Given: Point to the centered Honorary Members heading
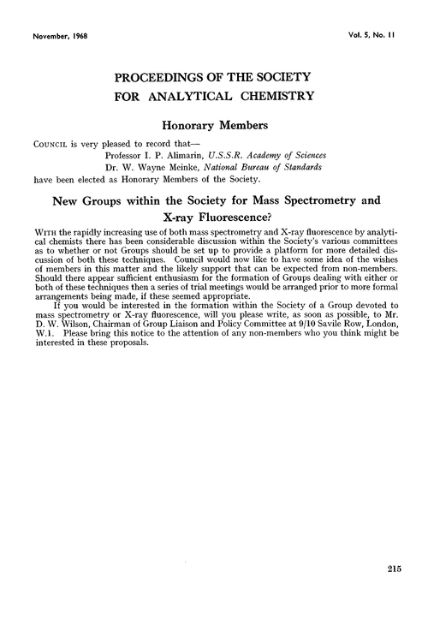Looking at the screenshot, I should point(213,125).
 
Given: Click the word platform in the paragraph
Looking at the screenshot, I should point(291,256).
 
